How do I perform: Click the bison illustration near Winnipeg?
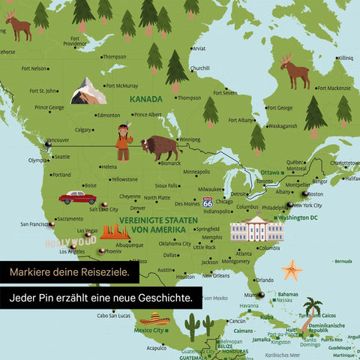pos(161,147)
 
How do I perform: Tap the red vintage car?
pos(77,197)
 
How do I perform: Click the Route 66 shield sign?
pos(208,202)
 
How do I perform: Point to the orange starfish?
pos(291,268)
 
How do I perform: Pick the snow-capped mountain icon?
pos(88,91)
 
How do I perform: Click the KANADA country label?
pos(145,99)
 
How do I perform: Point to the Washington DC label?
pos(298,217)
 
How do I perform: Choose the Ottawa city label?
pos(269,173)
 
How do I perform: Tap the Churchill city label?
pos(199,68)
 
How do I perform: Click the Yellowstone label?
pos(124,179)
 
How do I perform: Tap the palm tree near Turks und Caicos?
pos(313,306)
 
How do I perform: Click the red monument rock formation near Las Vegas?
pos(115,232)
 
